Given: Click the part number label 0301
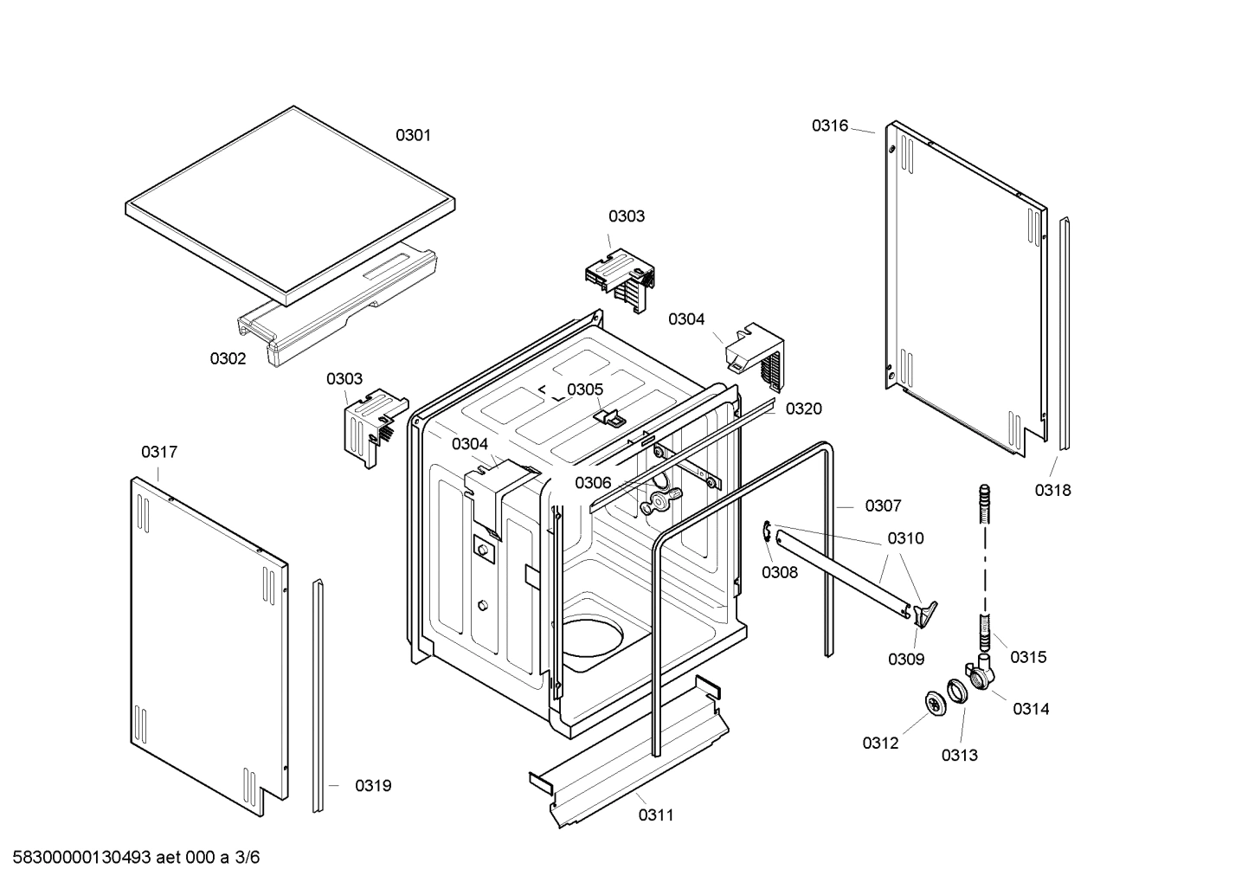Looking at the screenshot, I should pyautogui.click(x=413, y=135).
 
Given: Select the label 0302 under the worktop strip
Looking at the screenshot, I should pyautogui.click(x=228, y=358).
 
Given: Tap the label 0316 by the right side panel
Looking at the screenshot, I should pyautogui.click(x=829, y=126).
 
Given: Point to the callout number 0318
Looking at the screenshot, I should pyautogui.click(x=1052, y=490).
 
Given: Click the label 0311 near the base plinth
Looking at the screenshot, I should pyautogui.click(x=656, y=814).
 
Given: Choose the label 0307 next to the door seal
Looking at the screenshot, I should pyautogui.click(x=883, y=505).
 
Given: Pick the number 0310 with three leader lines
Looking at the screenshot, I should pyautogui.click(x=905, y=538).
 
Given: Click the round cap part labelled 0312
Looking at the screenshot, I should pyautogui.click(x=936, y=703).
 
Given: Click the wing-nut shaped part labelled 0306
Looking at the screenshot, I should pyautogui.click(x=659, y=499).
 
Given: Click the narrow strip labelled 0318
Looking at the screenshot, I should pyautogui.click(x=1065, y=334).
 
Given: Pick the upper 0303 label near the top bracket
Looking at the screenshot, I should pyautogui.click(x=626, y=216).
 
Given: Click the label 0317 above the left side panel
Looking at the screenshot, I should pyautogui.click(x=159, y=452).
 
